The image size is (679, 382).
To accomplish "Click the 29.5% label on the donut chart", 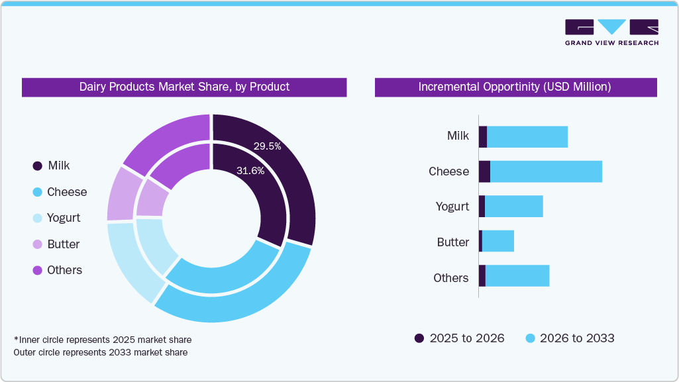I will click(x=268, y=146).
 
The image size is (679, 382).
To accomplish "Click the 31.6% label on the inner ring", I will click(x=250, y=171).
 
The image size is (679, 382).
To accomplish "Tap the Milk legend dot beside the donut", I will click(x=37, y=166).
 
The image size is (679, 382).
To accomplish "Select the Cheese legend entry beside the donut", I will click(x=60, y=192).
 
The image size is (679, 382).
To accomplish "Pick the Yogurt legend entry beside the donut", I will click(x=56, y=218).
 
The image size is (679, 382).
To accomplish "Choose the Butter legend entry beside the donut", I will click(x=56, y=244).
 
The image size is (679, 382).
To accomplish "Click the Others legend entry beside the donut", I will click(x=57, y=270).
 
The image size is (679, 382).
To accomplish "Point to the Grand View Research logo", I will click(x=611, y=32).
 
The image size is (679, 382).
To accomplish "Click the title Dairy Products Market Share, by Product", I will click(x=184, y=87).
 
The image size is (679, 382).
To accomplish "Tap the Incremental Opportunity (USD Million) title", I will click(x=515, y=87).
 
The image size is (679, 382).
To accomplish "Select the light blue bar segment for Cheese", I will click(x=546, y=171).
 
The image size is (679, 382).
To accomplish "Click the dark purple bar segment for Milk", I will click(x=483, y=136).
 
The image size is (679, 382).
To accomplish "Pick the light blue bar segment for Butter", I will click(x=498, y=241).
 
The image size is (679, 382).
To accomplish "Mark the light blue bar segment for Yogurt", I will click(x=514, y=206).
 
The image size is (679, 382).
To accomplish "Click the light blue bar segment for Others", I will click(x=517, y=276).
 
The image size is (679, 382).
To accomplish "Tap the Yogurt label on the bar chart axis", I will click(x=452, y=207).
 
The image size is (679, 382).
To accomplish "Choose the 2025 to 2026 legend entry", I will click(x=460, y=338).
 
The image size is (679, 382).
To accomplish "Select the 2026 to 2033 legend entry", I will click(x=570, y=338).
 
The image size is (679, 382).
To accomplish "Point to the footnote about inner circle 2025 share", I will click(x=103, y=340).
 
